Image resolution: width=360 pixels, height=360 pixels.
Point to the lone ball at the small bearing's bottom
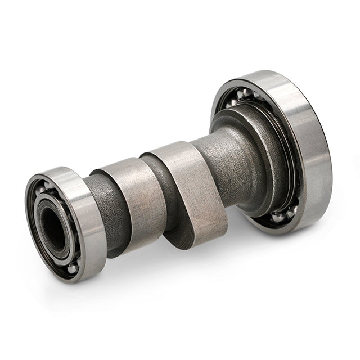pos(72,268)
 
